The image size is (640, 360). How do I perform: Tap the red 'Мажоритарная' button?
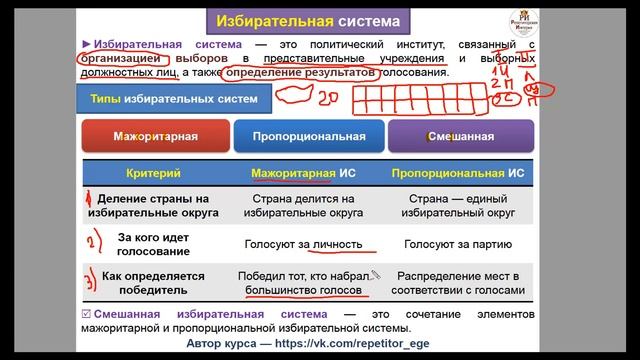(155, 135)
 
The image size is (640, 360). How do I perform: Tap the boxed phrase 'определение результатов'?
(301, 73)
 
